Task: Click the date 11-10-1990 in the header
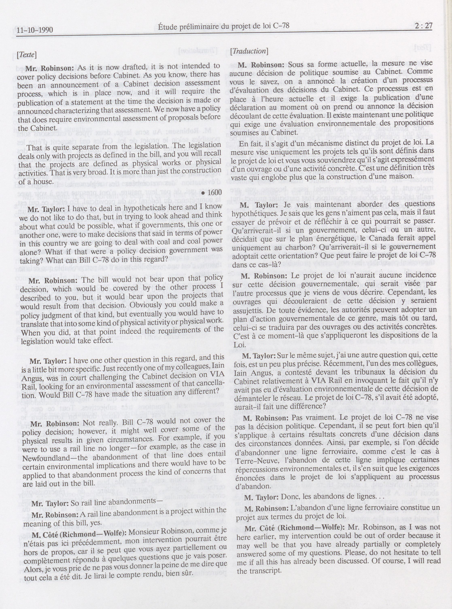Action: pyautogui.click(x=34, y=30)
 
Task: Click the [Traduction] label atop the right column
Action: pyautogui.click(x=249, y=51)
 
